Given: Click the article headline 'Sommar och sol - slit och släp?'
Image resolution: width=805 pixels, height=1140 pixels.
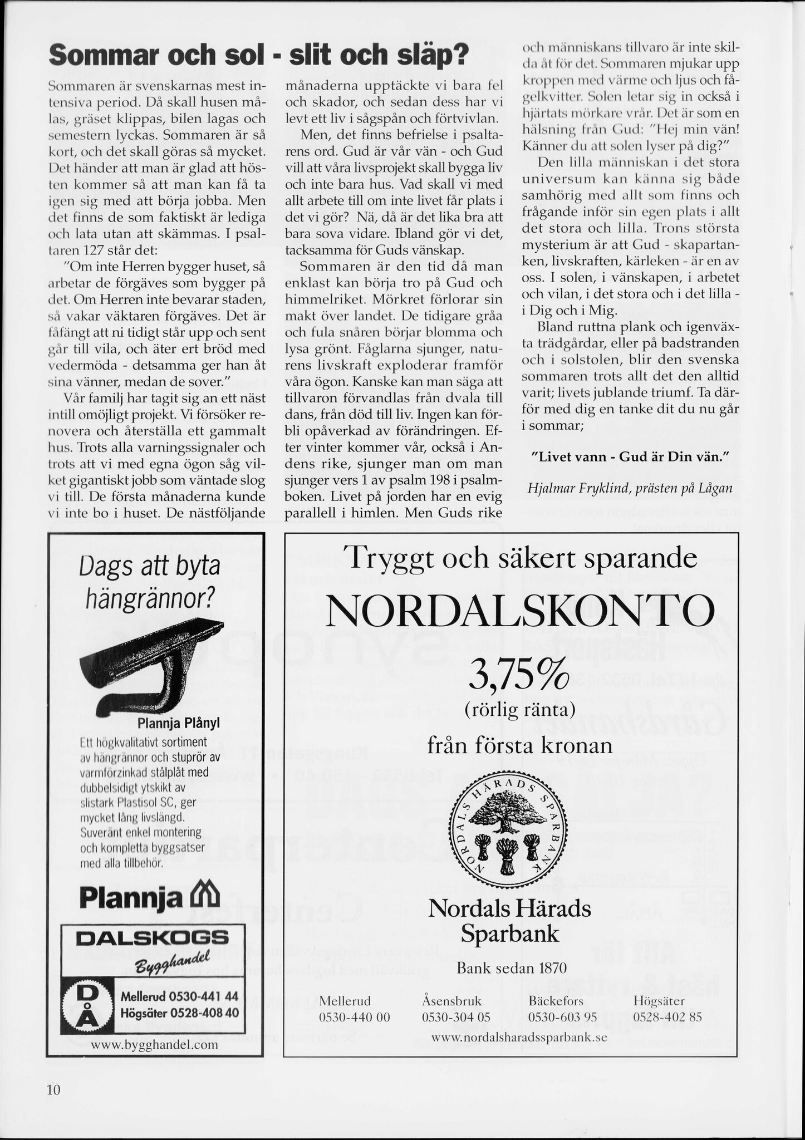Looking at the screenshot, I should click(258, 56).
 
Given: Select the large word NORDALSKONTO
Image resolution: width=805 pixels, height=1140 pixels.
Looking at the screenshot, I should click(518, 611).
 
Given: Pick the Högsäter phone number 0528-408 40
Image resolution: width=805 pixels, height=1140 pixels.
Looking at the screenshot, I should click(180, 1012).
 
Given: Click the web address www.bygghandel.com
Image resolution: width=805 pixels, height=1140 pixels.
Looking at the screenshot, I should click(154, 1045).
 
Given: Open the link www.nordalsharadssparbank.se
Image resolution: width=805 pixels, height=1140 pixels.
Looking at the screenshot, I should click(519, 1038).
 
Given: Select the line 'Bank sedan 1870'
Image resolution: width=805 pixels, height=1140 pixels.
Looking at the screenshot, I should click(511, 968).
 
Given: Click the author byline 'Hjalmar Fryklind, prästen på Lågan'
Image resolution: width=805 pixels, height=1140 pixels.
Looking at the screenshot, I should click(629, 488).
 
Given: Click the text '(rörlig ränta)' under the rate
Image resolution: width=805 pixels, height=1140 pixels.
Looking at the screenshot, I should click(519, 709).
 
